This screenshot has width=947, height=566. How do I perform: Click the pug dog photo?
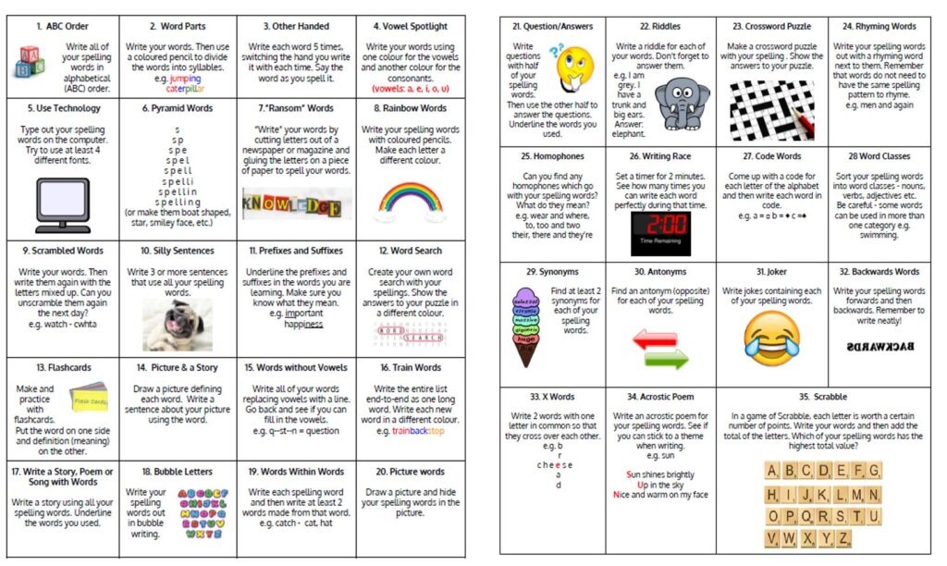pyautogui.click(x=177, y=325)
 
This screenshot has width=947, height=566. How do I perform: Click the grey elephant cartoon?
pyautogui.click(x=682, y=102)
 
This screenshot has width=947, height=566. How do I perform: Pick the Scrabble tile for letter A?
pyautogui.click(x=773, y=471)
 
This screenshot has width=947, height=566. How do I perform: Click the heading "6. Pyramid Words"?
pyautogui.click(x=178, y=108)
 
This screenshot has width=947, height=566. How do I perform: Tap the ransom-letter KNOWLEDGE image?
pyautogui.click(x=289, y=204)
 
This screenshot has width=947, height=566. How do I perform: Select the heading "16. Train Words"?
pyautogui.click(x=411, y=367)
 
